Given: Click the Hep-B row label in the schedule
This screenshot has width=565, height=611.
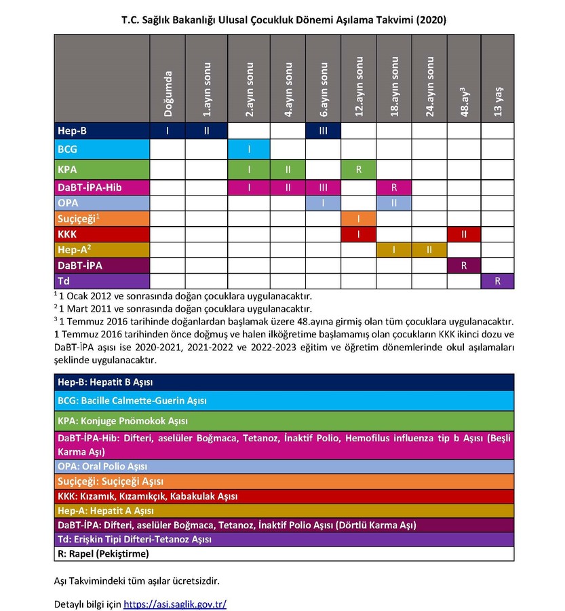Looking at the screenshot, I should click(101, 130).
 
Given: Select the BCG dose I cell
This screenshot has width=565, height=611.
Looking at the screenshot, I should click(249, 149).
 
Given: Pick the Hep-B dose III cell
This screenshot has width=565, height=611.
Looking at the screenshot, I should click(323, 130).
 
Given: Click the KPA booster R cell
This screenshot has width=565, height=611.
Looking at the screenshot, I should click(359, 169).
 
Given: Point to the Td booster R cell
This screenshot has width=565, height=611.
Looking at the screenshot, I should click(497, 280).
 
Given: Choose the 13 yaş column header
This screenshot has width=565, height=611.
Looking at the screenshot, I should click(498, 102).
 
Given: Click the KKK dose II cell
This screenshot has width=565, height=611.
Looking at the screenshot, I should click(464, 234).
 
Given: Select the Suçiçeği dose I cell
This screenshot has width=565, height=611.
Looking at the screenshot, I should click(359, 219).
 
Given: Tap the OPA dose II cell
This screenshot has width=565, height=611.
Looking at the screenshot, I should click(394, 202).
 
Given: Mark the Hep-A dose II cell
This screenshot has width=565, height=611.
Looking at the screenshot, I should click(429, 250).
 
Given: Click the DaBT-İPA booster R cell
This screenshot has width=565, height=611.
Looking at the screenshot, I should click(464, 265).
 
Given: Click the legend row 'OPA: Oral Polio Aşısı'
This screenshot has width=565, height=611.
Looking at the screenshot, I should click(284, 466).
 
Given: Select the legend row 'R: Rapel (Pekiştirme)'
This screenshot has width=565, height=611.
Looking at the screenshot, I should click(284, 553).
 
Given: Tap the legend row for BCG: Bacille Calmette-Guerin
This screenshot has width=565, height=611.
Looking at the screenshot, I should click(284, 401).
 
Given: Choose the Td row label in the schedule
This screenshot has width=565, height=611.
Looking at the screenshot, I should click(101, 280).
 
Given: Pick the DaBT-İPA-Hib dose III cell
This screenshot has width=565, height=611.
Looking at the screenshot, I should click(323, 187).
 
